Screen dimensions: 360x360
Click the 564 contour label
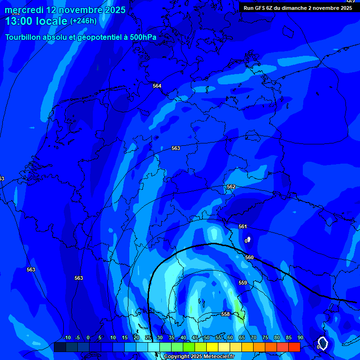[157, 86]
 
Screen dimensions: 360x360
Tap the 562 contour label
[231, 187]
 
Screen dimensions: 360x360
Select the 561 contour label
[242, 226]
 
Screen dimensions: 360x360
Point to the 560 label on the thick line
[249, 257]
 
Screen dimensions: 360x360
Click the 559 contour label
[242, 283]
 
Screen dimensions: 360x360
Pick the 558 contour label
[225, 314]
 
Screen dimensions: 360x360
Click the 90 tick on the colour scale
[300, 338]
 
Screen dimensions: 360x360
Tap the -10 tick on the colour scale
[67, 338]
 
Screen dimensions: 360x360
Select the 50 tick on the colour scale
[207, 338]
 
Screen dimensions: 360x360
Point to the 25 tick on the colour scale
[148, 338]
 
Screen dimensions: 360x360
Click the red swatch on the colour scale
[294, 347]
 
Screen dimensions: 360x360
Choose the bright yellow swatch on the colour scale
[212, 347]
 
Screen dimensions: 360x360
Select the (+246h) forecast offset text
[83, 21]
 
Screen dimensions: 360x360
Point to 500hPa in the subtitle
[143, 37]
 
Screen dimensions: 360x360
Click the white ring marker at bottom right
[322, 344]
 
